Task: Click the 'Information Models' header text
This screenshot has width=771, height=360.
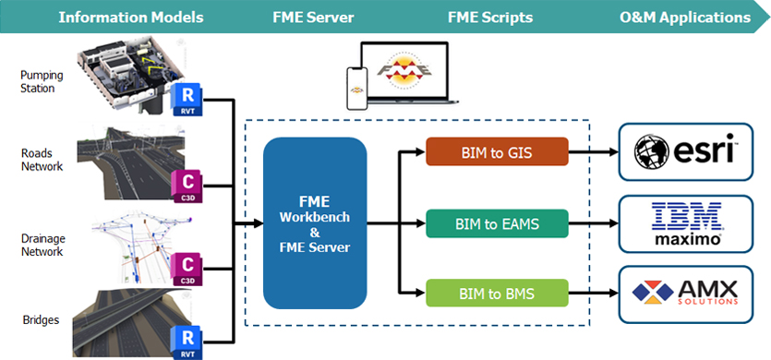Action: point(131,18)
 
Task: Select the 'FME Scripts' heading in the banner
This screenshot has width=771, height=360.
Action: point(490,18)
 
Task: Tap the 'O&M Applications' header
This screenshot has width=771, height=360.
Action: point(685,18)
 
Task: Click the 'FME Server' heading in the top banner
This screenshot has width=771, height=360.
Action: point(313,18)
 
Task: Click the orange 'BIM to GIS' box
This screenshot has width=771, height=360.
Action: point(497,152)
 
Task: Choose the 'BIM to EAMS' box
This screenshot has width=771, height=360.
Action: point(497,223)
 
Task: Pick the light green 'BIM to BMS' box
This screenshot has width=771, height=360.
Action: point(497,294)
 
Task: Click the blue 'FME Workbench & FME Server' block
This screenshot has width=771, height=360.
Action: point(315,222)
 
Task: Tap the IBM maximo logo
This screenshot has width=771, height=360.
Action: point(686,223)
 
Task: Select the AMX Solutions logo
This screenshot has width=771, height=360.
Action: point(685,293)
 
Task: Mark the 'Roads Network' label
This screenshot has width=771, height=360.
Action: point(42,160)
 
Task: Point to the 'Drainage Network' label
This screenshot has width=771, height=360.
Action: point(42,245)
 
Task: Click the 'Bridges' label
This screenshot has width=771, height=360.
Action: point(41,320)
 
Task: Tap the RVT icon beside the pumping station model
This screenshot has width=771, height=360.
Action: point(187,100)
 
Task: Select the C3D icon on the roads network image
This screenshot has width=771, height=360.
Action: point(187,186)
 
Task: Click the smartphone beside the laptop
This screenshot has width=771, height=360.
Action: point(357,89)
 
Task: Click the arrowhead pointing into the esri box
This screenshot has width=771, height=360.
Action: point(613,152)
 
